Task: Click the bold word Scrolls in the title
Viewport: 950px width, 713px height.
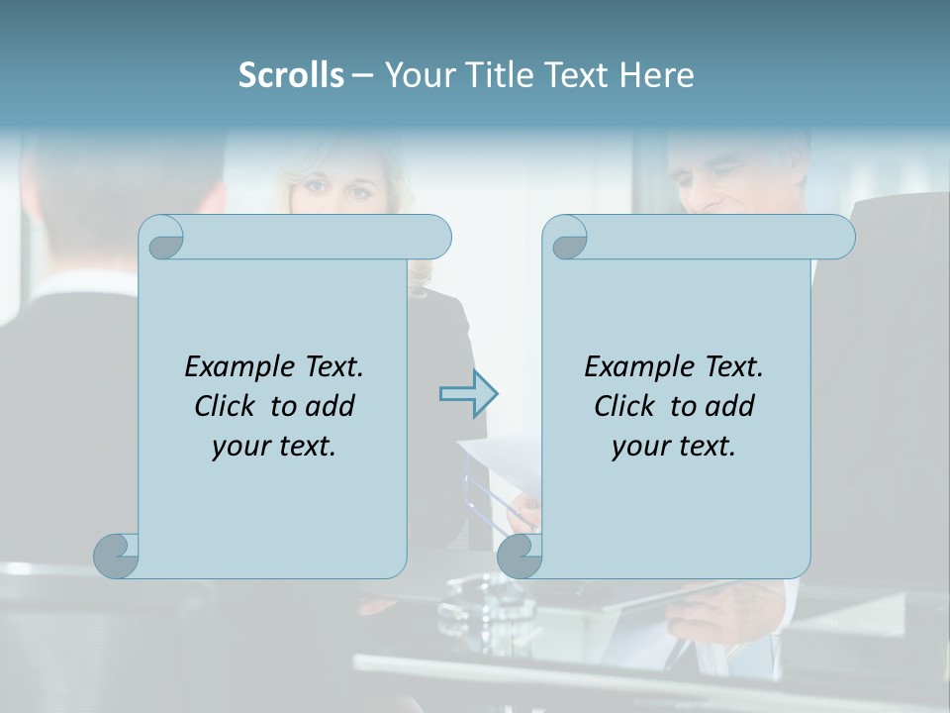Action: pos(291,75)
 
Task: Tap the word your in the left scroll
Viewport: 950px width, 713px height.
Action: pos(238,447)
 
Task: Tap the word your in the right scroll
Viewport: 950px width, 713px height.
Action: pos(638,447)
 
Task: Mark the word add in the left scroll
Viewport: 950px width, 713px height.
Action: pos(331,406)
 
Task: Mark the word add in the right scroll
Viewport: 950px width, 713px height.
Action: pos(730,406)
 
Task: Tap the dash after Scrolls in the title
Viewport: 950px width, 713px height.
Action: pos(362,75)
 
